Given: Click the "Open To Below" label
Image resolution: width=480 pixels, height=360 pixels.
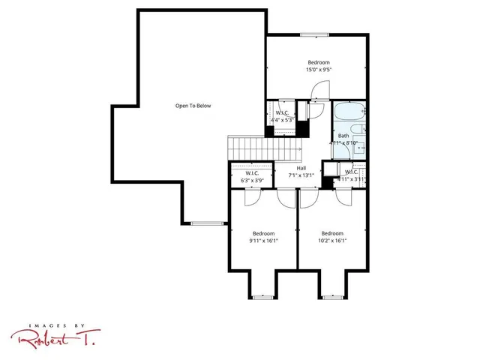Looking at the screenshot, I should point(193,106).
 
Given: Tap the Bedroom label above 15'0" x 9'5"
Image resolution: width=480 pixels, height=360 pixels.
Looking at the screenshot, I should point(318,62).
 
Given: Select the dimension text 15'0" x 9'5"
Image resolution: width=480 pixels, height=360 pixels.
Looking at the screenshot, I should point(318,70).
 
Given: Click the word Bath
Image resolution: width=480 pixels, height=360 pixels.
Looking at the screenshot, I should point(343,136).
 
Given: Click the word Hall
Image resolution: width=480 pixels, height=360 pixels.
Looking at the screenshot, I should point(301,168).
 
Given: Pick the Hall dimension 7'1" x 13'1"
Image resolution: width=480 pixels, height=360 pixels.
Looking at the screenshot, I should point(301,175).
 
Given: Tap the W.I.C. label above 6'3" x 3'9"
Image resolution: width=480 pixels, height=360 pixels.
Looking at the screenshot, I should point(251,172).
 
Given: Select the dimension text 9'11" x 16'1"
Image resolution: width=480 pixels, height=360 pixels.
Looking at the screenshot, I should point(263,241).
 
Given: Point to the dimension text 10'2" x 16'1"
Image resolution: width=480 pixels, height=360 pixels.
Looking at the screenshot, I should point(332,241).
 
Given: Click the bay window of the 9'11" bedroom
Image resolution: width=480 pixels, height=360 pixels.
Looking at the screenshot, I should point(262,298).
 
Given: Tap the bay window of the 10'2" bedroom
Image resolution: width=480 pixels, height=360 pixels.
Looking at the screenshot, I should point(332,298).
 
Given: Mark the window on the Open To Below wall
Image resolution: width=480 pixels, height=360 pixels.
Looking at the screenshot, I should point(206,223).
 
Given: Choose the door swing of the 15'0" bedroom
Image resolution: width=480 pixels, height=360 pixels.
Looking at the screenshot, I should point(316,91).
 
